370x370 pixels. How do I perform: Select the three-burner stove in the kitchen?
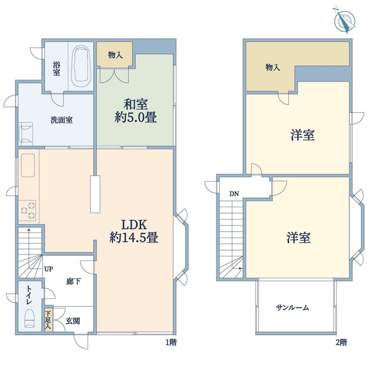(x=27, y=210)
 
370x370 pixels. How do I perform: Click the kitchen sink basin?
(x=28, y=165)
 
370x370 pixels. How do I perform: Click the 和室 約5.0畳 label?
(x=136, y=111)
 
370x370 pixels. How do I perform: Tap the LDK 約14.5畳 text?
(x=134, y=231)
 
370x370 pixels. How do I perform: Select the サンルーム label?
(x=292, y=308)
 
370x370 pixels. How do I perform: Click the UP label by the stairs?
(x=48, y=269)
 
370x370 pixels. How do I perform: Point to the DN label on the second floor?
(x=234, y=194)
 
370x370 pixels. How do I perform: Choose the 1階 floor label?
(x=171, y=342)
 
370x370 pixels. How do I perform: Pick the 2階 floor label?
(x=341, y=342)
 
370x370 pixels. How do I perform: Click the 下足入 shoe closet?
(x=48, y=320)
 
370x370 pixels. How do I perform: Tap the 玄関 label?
(x=73, y=321)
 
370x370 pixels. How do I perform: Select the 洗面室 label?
(x=62, y=120)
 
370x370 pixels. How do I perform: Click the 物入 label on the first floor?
(x=115, y=55)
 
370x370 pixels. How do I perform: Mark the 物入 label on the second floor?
(x=273, y=68)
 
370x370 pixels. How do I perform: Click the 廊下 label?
(x=73, y=281)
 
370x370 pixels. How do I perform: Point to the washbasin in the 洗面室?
(x=26, y=134)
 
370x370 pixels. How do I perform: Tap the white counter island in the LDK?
(x=95, y=194)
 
